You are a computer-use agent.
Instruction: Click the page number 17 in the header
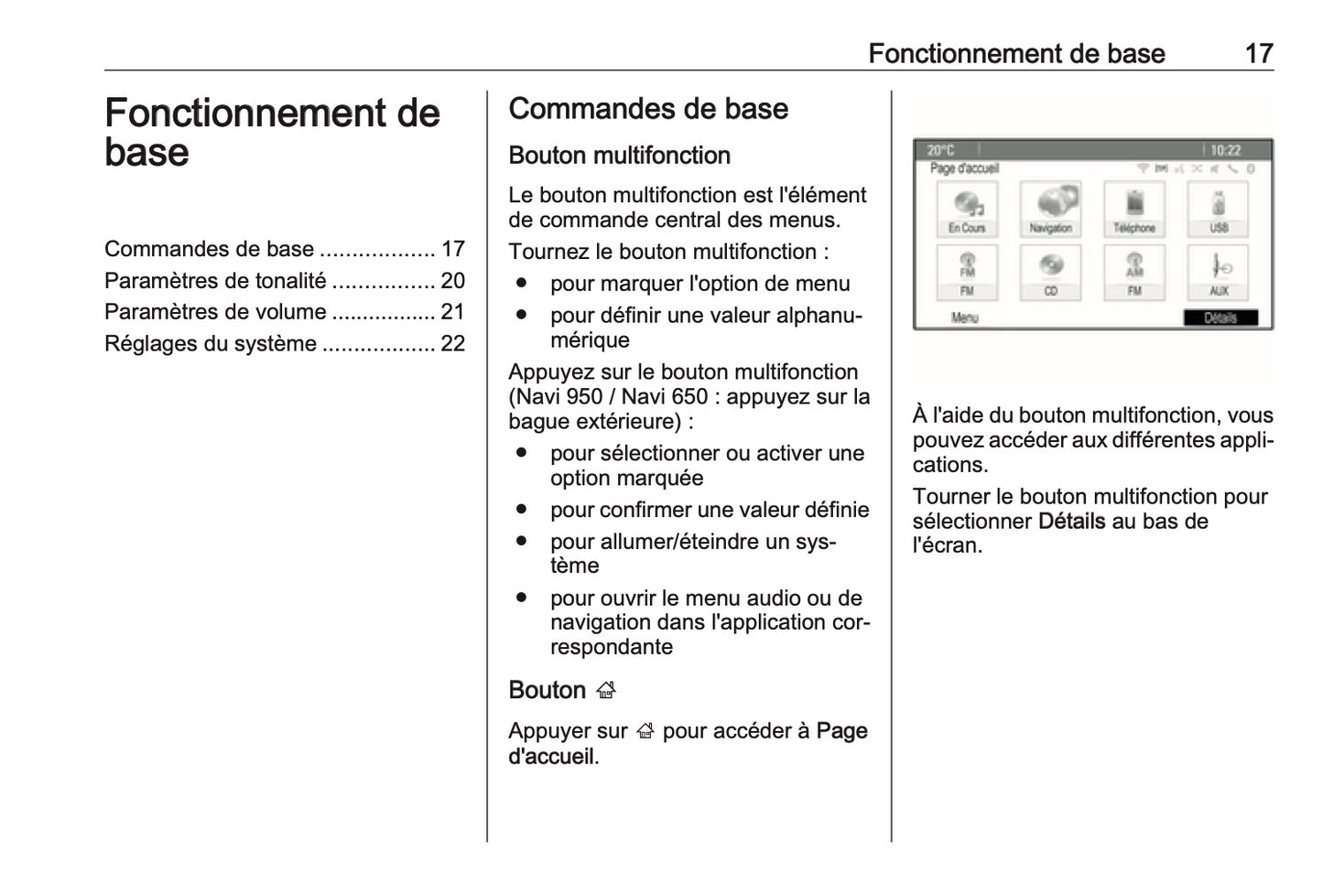point(1258,53)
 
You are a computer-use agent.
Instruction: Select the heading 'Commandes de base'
point(647,109)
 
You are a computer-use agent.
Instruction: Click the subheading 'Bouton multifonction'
point(619,156)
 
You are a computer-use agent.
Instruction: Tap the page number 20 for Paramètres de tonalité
point(452,281)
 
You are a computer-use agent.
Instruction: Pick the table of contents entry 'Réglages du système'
point(211,344)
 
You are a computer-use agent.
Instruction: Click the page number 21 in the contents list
point(452,312)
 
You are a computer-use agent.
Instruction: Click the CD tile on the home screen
point(1050,272)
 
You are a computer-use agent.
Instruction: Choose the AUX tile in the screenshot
point(1218,272)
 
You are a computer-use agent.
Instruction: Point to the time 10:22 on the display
point(1225,150)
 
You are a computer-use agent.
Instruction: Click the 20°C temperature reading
point(940,150)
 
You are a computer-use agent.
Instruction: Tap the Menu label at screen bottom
point(964,318)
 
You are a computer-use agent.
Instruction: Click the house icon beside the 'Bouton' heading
point(605,691)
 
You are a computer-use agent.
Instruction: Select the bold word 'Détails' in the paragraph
point(1071,522)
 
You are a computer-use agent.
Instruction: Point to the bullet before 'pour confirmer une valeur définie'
point(521,509)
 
